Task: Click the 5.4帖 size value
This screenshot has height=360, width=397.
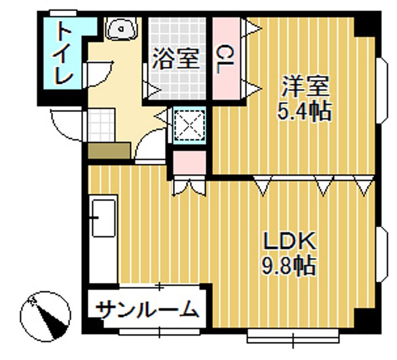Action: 304,111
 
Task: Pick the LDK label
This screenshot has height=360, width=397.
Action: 288,241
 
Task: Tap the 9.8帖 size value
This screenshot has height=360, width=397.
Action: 288,267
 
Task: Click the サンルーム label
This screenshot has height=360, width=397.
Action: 147,310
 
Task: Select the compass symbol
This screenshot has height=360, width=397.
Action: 46,316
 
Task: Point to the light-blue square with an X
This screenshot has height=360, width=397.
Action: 189,125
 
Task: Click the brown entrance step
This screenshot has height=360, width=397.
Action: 109,151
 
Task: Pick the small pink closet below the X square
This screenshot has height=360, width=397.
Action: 189,161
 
